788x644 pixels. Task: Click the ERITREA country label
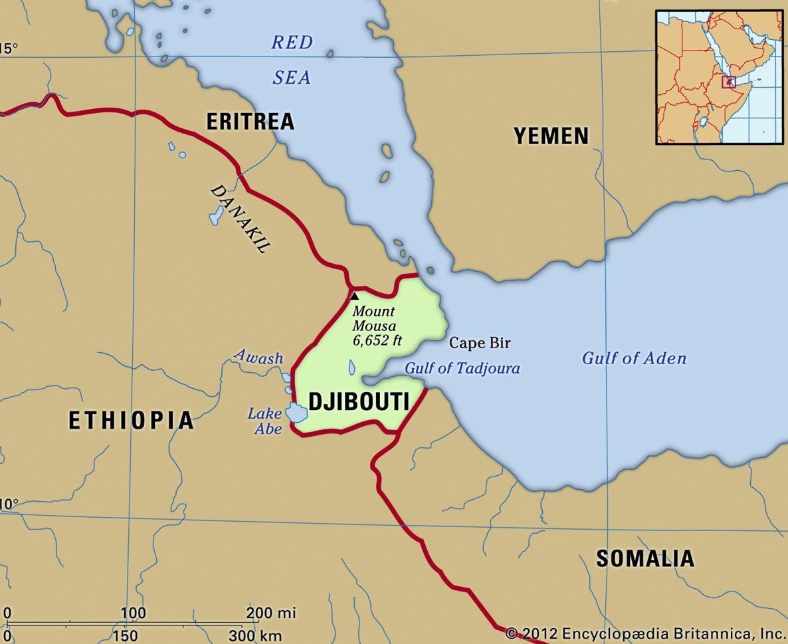[250, 121]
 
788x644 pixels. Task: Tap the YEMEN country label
[551, 136]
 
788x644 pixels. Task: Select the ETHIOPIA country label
[132, 420]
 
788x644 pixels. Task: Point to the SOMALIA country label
[644, 558]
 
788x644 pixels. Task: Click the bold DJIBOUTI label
[358, 402]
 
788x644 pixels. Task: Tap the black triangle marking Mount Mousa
[354, 296]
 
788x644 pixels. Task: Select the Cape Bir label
[480, 343]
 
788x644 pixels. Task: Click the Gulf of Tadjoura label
[462, 368]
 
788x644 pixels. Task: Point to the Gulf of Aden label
[634, 358]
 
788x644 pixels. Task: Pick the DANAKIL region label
[241, 218]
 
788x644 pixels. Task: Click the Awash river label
[258, 357]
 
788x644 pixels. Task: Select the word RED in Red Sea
[292, 43]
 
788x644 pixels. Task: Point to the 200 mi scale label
[271, 612]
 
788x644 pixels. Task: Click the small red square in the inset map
[730, 82]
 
